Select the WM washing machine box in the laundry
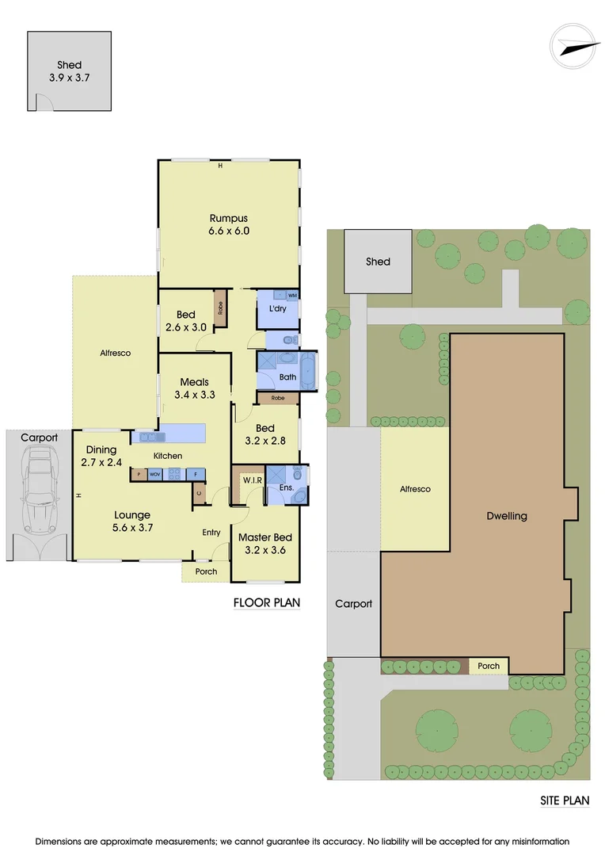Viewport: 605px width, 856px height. (x=292, y=296)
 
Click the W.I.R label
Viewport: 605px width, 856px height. (x=253, y=480)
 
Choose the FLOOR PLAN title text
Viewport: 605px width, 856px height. (x=267, y=602)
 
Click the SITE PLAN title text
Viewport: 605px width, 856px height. (x=565, y=801)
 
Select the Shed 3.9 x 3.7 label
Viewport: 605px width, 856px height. (x=69, y=71)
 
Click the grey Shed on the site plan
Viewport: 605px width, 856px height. (x=378, y=261)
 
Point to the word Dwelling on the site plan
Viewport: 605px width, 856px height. (x=507, y=516)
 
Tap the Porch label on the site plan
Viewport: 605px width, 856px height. (x=489, y=666)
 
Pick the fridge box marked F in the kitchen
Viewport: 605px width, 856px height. (x=196, y=475)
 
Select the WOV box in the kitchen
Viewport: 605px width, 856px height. (x=155, y=475)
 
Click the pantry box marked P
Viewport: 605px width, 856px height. (x=139, y=475)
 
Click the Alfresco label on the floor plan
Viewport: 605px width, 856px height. (x=115, y=353)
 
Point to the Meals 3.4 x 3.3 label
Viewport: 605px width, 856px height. (x=194, y=388)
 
